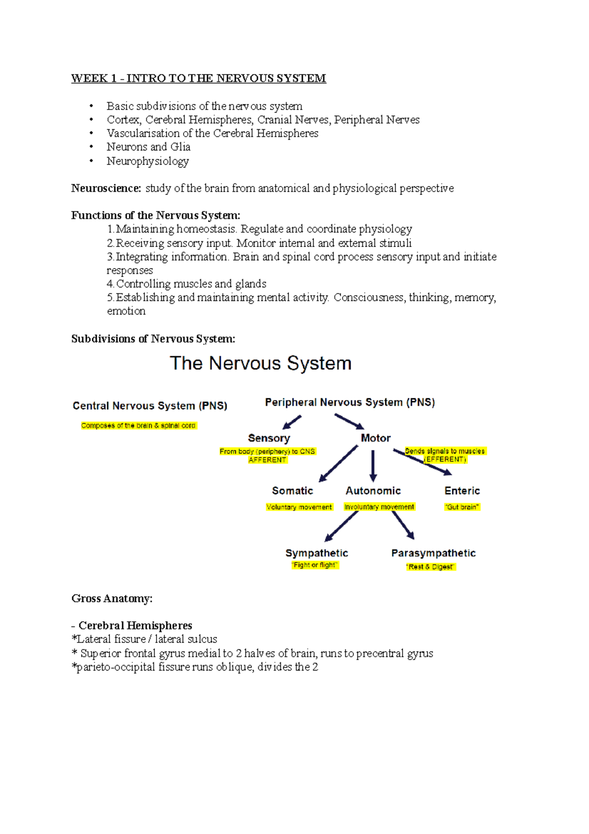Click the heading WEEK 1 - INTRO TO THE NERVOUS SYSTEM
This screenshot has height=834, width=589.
click(198, 79)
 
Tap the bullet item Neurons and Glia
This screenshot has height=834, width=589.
click(148, 147)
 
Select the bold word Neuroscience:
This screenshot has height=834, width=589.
click(106, 188)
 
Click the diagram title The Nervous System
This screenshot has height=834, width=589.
click(261, 363)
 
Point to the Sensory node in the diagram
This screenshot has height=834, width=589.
click(269, 438)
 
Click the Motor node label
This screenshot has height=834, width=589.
click(375, 438)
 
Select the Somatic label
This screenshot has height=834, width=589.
click(293, 491)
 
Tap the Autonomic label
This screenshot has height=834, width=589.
click(373, 491)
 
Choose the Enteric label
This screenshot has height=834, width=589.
click(462, 491)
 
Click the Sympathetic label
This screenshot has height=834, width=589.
click(317, 553)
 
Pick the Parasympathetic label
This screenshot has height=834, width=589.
click(433, 553)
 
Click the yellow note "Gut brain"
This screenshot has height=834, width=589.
click(462, 507)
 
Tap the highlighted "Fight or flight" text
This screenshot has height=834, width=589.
click(315, 565)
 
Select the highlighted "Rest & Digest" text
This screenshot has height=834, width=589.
click(431, 567)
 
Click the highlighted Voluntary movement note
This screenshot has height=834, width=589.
click(299, 507)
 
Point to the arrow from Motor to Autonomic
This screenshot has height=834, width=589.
click(373, 466)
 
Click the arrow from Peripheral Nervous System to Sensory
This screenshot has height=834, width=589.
click(292, 422)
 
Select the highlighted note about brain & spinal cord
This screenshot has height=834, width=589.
click(138, 426)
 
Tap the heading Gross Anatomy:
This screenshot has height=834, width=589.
click(112, 598)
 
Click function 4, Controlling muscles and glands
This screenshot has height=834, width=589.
click(187, 284)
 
